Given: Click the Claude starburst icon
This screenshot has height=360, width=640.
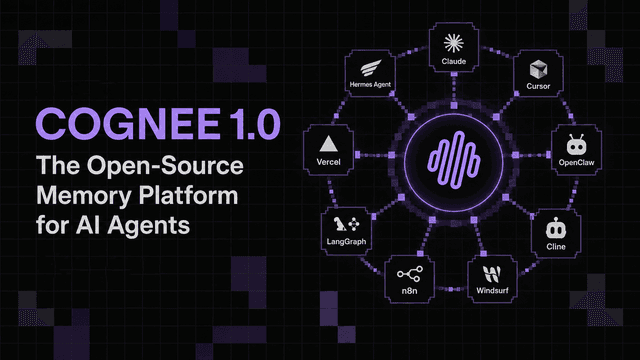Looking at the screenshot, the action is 453,43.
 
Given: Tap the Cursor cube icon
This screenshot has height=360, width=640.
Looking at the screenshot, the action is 538,69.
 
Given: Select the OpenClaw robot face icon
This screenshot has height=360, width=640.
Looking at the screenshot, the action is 576,145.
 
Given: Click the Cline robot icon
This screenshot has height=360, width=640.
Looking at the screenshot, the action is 556,229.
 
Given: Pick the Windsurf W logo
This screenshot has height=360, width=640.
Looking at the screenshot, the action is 491,274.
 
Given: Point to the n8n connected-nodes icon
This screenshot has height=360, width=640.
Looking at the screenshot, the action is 410,274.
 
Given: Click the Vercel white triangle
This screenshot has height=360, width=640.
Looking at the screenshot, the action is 328,144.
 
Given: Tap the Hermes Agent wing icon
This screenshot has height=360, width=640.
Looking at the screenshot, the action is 371,68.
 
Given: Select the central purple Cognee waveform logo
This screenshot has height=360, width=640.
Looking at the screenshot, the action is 454,160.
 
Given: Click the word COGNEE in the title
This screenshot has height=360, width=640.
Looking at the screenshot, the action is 128,124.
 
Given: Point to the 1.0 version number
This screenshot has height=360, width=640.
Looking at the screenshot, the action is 254,124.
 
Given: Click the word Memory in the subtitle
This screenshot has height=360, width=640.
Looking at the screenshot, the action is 84,196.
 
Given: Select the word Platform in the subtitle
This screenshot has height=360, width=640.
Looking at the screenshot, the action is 189,196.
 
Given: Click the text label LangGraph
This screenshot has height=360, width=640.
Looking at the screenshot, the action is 346,242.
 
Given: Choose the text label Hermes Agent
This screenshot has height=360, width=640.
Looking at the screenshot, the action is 370,84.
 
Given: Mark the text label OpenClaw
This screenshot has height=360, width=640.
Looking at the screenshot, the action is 576,162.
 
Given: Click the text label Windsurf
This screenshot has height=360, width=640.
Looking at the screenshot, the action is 492,291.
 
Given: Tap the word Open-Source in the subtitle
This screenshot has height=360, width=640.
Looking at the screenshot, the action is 165,166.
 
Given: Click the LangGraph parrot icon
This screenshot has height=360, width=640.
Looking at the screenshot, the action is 339,224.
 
